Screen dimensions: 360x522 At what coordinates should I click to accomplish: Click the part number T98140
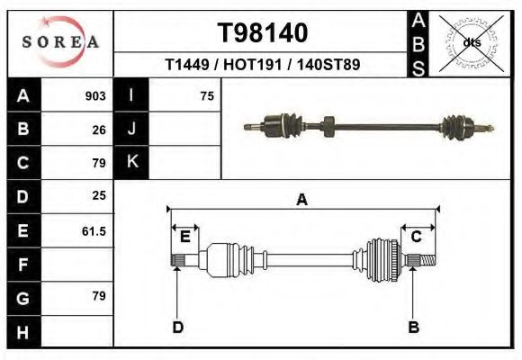click(263, 33)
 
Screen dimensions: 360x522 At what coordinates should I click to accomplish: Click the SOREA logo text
click(60, 42)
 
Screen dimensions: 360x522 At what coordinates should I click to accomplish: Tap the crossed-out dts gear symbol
click(472, 42)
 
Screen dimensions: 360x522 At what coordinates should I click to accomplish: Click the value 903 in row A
click(95, 96)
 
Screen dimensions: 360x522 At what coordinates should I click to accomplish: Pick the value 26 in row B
click(99, 130)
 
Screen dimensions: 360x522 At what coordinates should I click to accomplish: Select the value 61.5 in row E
click(94, 231)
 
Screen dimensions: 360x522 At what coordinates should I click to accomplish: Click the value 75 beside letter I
click(207, 96)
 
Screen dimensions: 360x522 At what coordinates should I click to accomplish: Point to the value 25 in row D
click(99, 195)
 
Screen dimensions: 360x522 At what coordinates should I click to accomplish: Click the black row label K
click(131, 162)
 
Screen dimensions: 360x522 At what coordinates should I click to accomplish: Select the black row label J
click(131, 129)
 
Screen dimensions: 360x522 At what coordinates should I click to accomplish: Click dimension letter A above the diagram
click(301, 200)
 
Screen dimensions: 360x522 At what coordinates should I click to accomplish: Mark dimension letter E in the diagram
click(184, 238)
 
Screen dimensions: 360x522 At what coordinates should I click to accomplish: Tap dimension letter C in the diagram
click(417, 237)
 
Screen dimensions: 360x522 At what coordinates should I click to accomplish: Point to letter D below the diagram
click(177, 327)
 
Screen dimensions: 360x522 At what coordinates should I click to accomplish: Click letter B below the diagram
click(414, 327)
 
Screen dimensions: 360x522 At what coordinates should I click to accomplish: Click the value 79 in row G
click(99, 296)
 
